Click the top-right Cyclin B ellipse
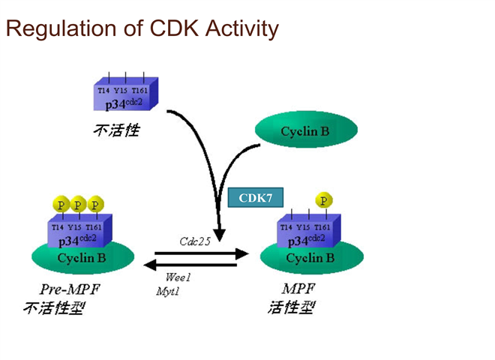(x=304, y=131)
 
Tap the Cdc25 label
(x=194, y=241)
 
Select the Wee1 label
(x=178, y=277)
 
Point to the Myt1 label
(x=167, y=290)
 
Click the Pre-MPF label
(x=70, y=289)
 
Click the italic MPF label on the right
(x=298, y=289)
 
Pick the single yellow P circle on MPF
(x=323, y=200)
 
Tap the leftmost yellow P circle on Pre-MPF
(x=61, y=205)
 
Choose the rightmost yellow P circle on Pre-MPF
(x=95, y=205)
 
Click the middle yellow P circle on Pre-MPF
(x=78, y=205)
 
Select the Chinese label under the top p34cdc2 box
(x=116, y=130)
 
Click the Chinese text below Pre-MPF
(x=55, y=307)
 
